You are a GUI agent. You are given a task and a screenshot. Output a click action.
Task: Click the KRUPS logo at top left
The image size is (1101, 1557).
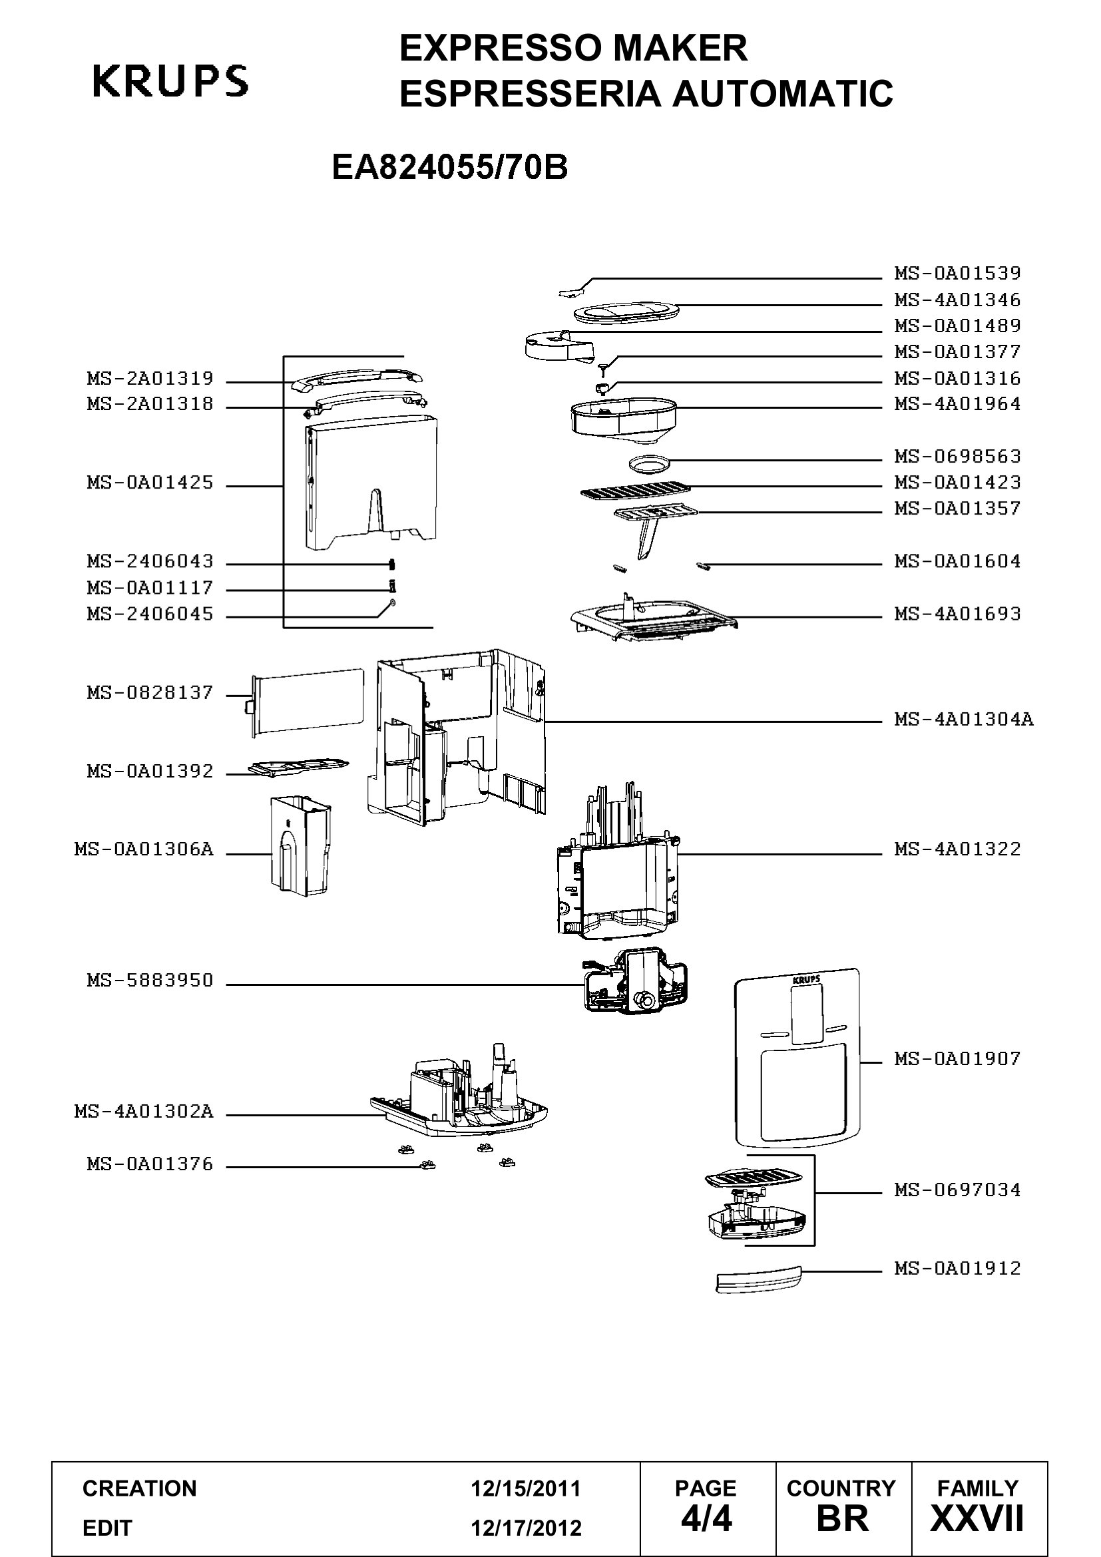[x=170, y=81]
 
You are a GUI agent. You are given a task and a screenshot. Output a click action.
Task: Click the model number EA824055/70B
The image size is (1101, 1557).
[x=449, y=168]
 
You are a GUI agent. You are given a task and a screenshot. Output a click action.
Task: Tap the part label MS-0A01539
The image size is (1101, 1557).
[x=957, y=274]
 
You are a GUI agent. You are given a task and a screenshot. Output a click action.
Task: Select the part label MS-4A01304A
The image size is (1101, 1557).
[x=964, y=719]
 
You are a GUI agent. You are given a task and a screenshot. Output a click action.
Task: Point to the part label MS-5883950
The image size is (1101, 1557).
[x=150, y=981]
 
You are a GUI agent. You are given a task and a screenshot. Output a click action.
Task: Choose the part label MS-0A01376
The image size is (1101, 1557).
[x=150, y=1164]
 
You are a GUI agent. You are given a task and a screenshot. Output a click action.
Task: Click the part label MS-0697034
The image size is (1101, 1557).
[x=957, y=1190]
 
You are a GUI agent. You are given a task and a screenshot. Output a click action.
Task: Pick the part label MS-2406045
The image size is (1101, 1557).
[x=150, y=614]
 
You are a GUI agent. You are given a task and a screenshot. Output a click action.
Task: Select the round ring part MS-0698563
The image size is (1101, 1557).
[x=649, y=464]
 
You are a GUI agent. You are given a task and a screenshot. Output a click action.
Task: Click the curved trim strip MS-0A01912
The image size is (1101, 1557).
[x=759, y=1278]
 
